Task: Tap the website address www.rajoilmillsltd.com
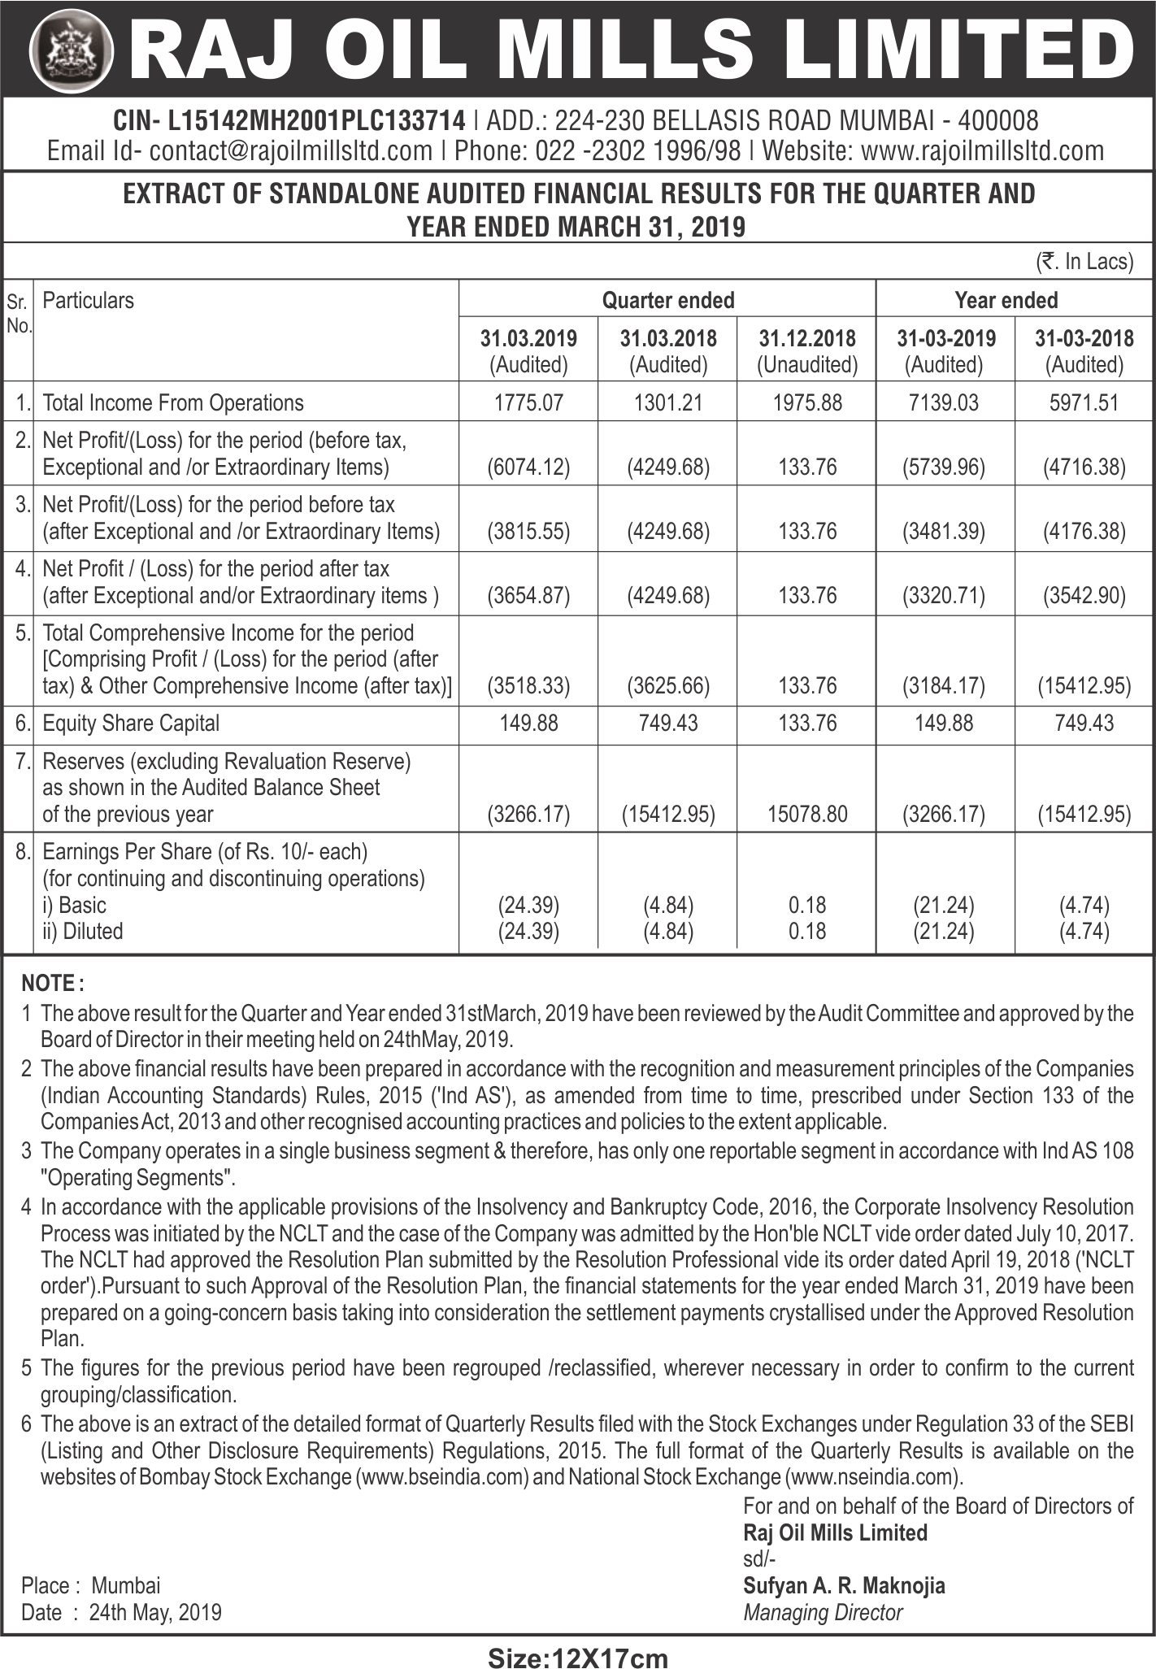point(982,150)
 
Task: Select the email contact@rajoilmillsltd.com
point(290,150)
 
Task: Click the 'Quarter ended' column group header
point(667,300)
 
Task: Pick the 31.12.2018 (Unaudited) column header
point(807,351)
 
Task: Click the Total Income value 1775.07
point(528,402)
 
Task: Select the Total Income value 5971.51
point(1084,402)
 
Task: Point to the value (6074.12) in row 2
point(528,467)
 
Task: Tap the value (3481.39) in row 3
point(944,532)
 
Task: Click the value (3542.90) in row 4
point(1084,596)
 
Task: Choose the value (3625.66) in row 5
point(668,685)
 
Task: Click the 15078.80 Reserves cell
point(807,813)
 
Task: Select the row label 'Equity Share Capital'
point(131,723)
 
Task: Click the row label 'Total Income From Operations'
point(172,402)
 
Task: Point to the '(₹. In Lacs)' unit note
point(1084,262)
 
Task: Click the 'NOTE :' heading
point(53,983)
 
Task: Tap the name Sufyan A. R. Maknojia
point(844,1584)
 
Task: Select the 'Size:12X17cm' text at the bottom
point(577,1654)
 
